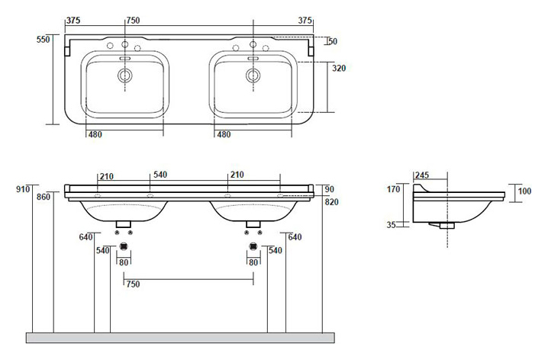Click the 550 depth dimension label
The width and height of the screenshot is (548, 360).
(x=44, y=40)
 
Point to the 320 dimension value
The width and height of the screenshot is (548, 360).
(x=339, y=68)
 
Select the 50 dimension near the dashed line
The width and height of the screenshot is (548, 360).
(x=333, y=41)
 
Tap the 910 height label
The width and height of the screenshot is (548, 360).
(x=23, y=189)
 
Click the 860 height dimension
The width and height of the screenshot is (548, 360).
(x=44, y=197)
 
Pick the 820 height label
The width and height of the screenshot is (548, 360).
(x=332, y=202)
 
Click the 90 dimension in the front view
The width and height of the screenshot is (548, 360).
(x=330, y=189)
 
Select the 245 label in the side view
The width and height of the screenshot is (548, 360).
(x=422, y=175)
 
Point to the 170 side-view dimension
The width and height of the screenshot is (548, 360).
(x=393, y=189)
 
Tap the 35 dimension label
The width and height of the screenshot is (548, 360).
(x=391, y=225)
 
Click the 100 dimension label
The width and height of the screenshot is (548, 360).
(x=524, y=191)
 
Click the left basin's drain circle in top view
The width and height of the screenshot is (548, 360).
(x=124, y=75)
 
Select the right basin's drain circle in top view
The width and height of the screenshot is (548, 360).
(x=253, y=75)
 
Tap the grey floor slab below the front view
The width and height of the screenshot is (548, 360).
(x=180, y=338)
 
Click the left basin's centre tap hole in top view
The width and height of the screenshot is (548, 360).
(x=124, y=44)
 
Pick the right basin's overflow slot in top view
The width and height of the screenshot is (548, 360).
(x=253, y=58)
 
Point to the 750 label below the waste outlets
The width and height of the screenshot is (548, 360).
(x=133, y=284)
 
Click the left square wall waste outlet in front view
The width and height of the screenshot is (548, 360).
(x=124, y=246)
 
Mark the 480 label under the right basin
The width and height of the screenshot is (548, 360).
(x=224, y=134)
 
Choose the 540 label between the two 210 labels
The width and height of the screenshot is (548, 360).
(x=160, y=175)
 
